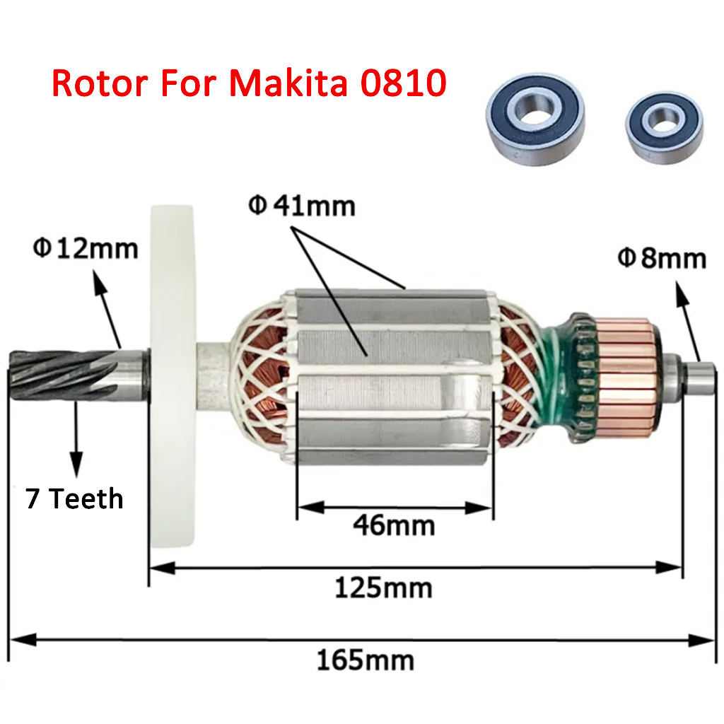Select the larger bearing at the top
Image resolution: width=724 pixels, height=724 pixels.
coord(535,118)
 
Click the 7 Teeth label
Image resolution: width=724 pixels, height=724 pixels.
coord(74,498)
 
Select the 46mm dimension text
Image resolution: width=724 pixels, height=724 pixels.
coord(394,526)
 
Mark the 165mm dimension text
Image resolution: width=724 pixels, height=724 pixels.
coord(365,660)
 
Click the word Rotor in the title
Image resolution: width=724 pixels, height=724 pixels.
coord(99,83)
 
